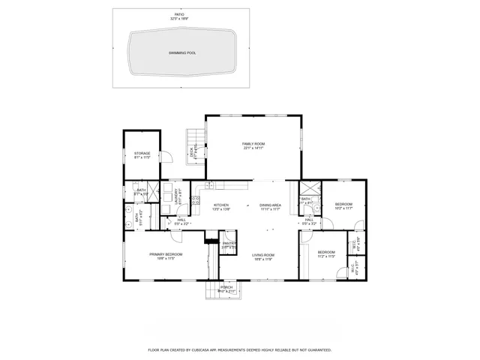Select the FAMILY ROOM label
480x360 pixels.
click(x=253, y=144)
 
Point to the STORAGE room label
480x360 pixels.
click(x=142, y=154)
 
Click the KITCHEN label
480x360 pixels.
click(x=220, y=205)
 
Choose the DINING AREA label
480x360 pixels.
click(x=270, y=205)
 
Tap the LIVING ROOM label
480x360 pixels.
click(x=262, y=255)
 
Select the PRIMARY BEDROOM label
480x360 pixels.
click(x=166, y=254)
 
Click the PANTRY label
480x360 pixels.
click(x=229, y=243)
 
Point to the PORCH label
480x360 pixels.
click(x=226, y=287)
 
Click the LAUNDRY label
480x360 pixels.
click(x=178, y=196)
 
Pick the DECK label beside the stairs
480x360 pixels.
click(x=192, y=152)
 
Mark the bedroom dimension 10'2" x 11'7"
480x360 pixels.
click(x=343, y=208)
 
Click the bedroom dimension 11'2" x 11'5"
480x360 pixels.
click(x=325, y=256)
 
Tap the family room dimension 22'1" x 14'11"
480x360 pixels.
click(x=253, y=148)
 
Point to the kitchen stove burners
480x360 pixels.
click(x=196, y=201)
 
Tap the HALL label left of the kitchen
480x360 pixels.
click(x=182, y=220)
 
